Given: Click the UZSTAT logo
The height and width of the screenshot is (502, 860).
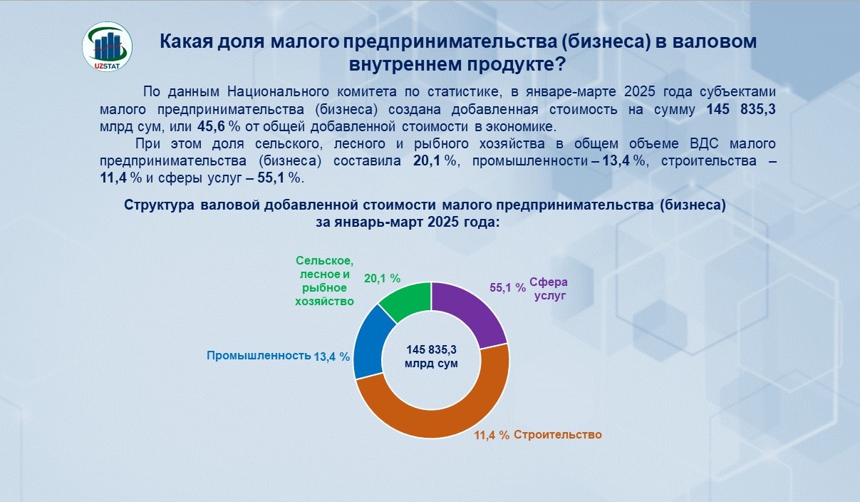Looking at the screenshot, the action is (x=107, y=46).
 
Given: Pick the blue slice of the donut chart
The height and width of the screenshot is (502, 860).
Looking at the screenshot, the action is (x=369, y=342).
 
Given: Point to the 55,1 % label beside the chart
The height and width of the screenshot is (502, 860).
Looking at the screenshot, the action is (x=507, y=287).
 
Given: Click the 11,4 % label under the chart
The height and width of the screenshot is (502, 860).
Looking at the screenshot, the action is (x=492, y=435).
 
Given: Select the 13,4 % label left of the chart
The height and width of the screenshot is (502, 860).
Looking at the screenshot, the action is (x=332, y=357).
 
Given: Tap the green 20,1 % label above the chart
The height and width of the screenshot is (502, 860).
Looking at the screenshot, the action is (x=382, y=279).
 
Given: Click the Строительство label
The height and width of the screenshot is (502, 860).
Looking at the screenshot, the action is (x=558, y=435).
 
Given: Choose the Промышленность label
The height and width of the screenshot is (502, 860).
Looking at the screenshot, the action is (x=259, y=356).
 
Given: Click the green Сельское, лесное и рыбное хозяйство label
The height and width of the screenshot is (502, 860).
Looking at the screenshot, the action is (x=325, y=281).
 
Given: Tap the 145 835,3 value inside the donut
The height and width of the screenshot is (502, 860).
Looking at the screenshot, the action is (x=431, y=350).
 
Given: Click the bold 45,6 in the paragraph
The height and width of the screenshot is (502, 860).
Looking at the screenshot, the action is (x=211, y=126).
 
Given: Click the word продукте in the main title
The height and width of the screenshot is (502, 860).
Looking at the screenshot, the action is (x=517, y=64).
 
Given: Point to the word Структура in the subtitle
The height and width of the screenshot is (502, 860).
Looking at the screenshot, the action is (x=159, y=205).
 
